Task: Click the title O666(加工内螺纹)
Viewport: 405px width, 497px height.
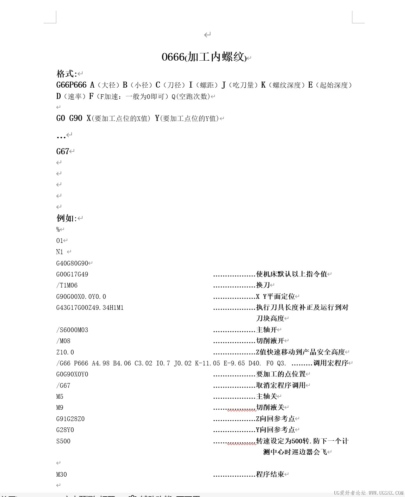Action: (x=204, y=57)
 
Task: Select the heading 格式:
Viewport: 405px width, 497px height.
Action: (x=67, y=74)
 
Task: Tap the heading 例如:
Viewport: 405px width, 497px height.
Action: (x=67, y=218)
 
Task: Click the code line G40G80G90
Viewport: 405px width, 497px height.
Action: (x=72, y=263)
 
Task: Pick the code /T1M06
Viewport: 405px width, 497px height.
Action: (x=67, y=285)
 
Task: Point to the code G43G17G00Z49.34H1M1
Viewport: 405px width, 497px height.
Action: (x=90, y=308)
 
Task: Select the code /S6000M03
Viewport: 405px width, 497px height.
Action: (x=72, y=330)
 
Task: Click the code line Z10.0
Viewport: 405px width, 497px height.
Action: (x=65, y=352)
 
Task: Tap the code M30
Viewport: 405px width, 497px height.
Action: (x=62, y=474)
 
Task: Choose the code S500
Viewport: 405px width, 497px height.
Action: (x=63, y=441)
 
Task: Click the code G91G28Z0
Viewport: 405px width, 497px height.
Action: (x=70, y=419)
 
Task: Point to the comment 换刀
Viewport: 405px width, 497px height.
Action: (x=263, y=285)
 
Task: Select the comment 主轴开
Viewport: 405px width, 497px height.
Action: (x=267, y=330)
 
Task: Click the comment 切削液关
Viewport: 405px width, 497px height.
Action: (x=270, y=407)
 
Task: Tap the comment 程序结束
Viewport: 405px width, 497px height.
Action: (x=270, y=474)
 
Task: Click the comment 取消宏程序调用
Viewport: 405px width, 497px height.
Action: (x=281, y=385)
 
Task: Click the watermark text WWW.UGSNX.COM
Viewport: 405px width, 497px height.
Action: (x=386, y=493)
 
